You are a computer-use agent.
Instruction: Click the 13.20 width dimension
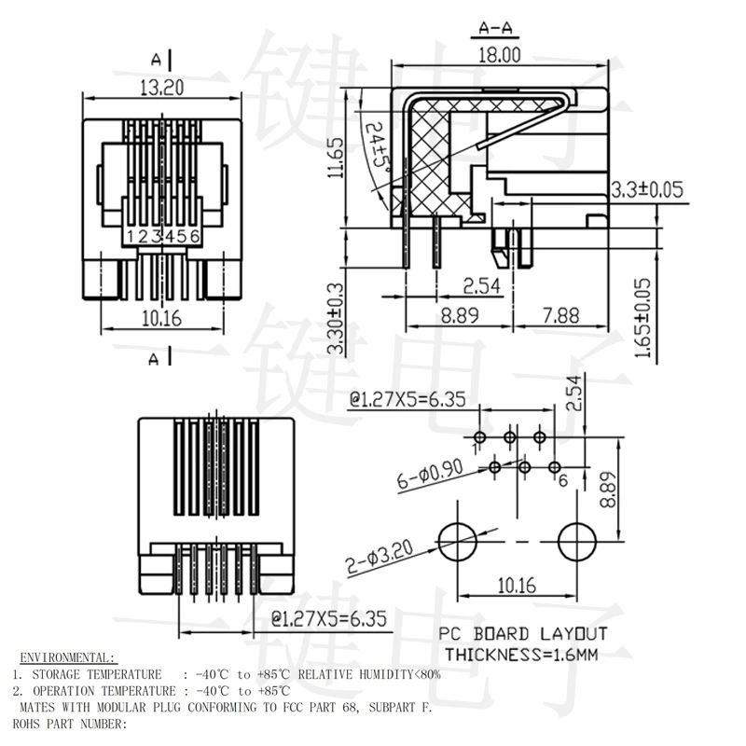click(x=161, y=88)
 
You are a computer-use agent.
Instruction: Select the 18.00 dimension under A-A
click(x=499, y=55)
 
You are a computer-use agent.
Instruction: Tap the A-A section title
click(x=495, y=28)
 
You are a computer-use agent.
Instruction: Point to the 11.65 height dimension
click(x=336, y=158)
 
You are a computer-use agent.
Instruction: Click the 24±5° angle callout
click(x=380, y=145)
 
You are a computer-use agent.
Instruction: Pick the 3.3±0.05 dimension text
click(x=647, y=189)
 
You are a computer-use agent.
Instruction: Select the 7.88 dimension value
click(x=561, y=315)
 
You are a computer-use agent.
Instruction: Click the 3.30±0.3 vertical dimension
click(x=336, y=318)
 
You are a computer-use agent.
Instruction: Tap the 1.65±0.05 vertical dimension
click(x=642, y=318)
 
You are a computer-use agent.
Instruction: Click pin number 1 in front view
click(x=131, y=236)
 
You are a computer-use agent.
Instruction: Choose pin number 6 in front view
click(x=195, y=236)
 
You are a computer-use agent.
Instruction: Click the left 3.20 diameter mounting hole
click(x=457, y=542)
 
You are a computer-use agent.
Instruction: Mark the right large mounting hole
click(x=576, y=542)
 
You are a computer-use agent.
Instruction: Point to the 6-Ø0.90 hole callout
click(x=430, y=475)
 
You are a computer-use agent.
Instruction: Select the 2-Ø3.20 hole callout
click(x=380, y=557)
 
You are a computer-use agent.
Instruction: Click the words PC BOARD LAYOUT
click(x=523, y=634)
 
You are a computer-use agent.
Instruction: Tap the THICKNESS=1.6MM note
click(x=521, y=656)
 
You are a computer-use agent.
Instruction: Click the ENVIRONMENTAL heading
click(x=67, y=658)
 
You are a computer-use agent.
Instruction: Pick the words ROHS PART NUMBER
click(x=70, y=724)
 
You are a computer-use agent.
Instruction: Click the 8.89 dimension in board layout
click(x=608, y=490)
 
